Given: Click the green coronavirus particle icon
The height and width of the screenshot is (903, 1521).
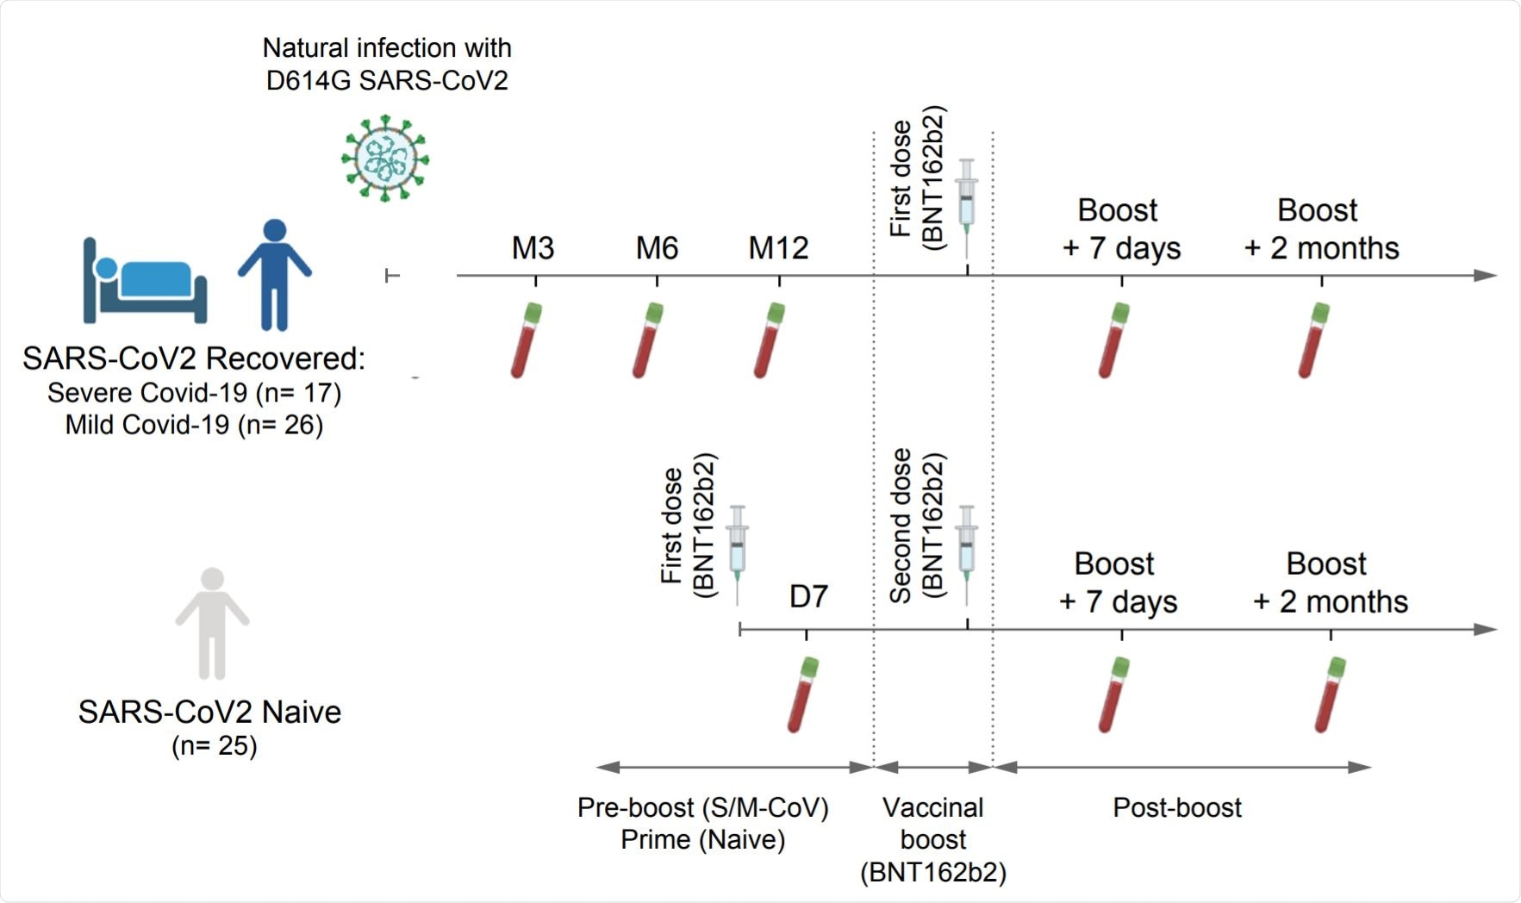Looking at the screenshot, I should click(x=385, y=159).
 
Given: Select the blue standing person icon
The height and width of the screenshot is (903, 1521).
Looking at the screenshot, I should click(x=274, y=274).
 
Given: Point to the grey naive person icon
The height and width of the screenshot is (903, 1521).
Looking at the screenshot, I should click(x=212, y=623).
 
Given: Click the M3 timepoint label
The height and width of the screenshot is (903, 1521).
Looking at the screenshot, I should click(x=533, y=248).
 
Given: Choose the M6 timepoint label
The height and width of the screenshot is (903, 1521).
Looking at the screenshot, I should click(x=657, y=248).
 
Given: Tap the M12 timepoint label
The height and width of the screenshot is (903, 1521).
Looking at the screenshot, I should click(x=778, y=248).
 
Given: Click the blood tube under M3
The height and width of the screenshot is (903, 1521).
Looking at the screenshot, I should click(x=526, y=340).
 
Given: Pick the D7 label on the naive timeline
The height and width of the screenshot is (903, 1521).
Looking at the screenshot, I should click(x=808, y=596).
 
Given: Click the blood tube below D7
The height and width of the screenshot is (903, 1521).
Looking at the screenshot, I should click(x=802, y=694).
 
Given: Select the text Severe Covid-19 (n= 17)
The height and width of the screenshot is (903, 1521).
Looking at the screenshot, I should click(x=195, y=393).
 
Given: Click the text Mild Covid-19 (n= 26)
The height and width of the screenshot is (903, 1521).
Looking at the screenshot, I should click(x=195, y=425).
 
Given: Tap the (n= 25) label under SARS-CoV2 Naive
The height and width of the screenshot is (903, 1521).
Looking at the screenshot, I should click(x=215, y=745).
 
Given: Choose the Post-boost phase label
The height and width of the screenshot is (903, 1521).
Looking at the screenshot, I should click(x=1177, y=807).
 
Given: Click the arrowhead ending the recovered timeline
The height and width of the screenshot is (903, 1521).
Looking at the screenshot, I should click(x=1486, y=276).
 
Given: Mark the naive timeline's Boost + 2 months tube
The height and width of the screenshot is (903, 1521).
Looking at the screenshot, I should click(x=1330, y=694).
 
